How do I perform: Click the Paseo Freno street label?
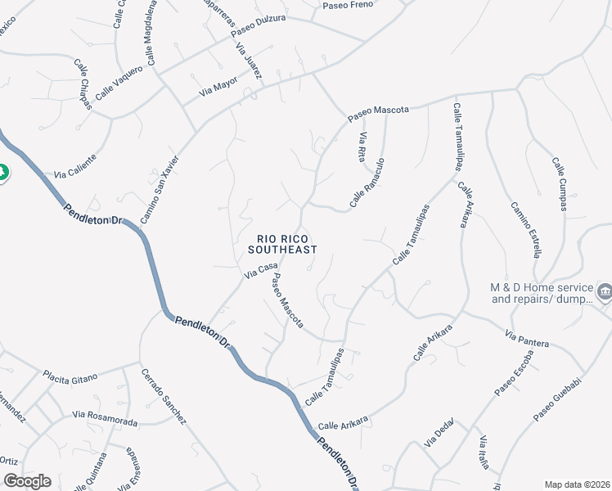(x=349, y=5)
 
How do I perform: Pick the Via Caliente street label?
(x=75, y=166)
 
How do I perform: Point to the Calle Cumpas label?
(x=559, y=184)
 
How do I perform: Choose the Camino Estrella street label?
(x=526, y=229)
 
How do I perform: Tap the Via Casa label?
(x=262, y=271)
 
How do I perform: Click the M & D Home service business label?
(x=540, y=293)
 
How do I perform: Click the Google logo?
(x=26, y=480)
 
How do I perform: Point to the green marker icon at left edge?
(x=2, y=172)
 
